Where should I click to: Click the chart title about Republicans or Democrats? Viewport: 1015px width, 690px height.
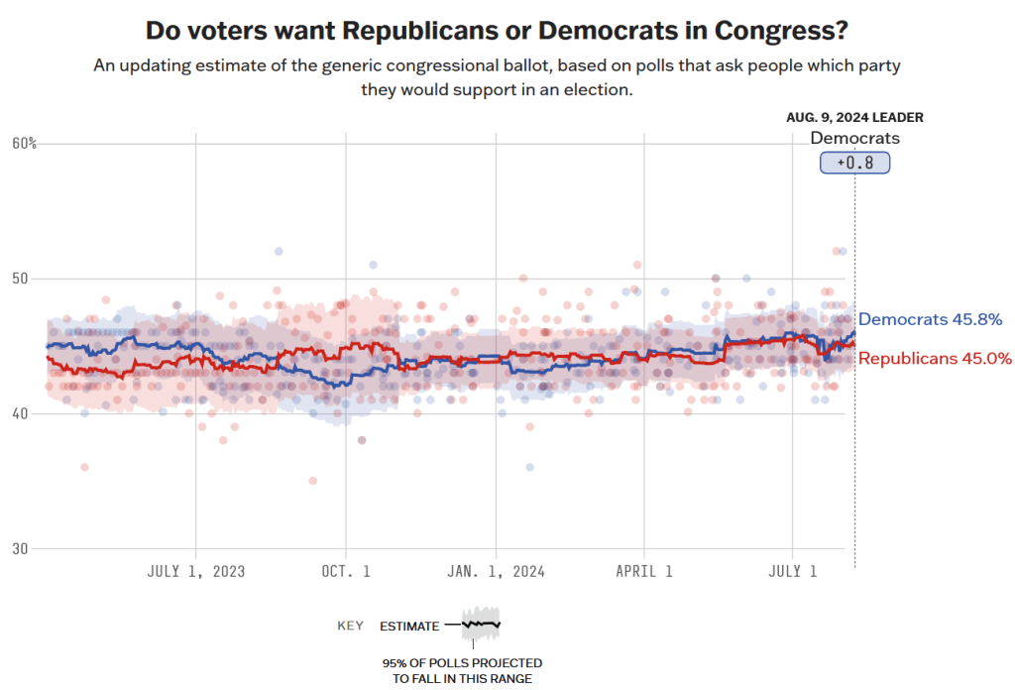pos(497,30)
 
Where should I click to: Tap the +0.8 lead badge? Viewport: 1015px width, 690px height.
pos(854,163)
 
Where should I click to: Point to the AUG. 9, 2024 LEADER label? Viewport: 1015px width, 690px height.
pos(854,117)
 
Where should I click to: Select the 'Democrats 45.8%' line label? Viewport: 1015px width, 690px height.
pos(930,319)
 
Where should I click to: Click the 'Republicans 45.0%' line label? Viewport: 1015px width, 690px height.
pos(934,359)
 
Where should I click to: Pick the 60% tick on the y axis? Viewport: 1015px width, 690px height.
pos(25,144)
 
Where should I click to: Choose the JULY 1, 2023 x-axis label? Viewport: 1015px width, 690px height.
pos(196,572)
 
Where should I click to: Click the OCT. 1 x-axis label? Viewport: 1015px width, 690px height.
pos(346,572)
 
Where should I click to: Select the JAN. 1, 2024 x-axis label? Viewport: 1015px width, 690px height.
pos(497,572)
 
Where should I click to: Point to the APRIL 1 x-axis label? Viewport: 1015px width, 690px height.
pos(645,572)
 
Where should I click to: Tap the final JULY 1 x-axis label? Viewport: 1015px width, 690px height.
pos(794,572)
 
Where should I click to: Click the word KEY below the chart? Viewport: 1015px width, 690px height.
pos(351,626)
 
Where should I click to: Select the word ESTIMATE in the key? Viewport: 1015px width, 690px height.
pos(409,626)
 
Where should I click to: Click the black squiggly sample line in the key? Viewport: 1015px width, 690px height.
pos(481,625)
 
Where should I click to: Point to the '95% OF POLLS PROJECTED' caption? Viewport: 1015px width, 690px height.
pos(462,662)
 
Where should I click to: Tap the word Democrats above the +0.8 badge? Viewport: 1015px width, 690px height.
pos(854,139)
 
